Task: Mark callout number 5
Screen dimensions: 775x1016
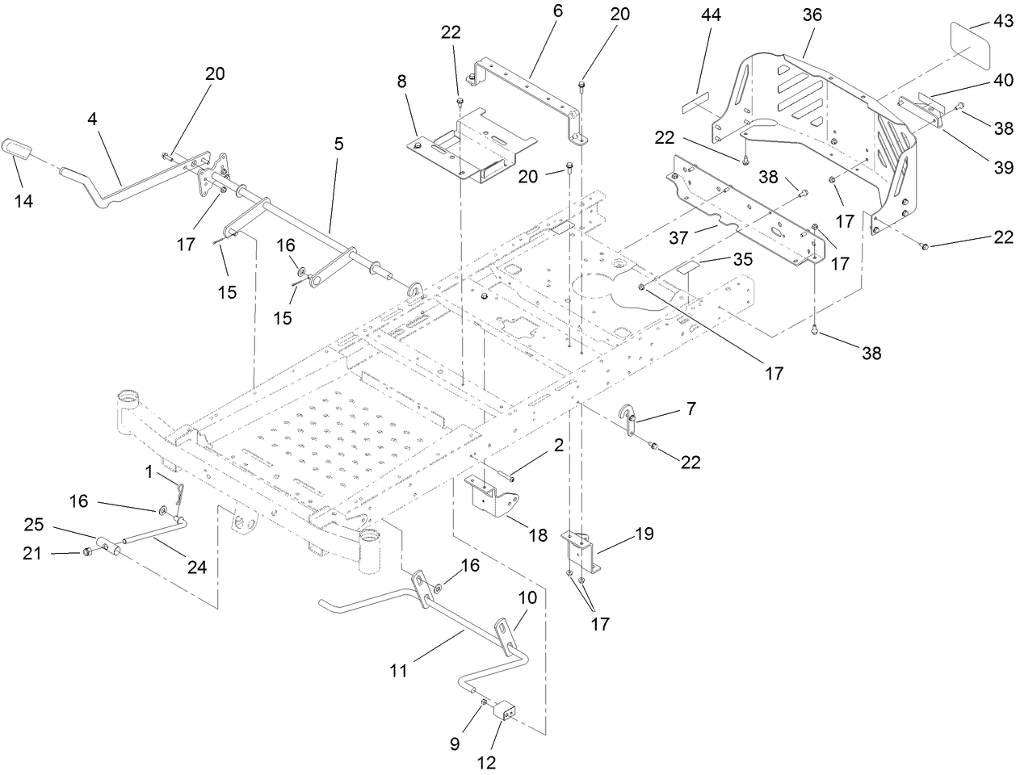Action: click(x=338, y=144)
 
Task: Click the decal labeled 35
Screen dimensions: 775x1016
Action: click(x=692, y=266)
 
